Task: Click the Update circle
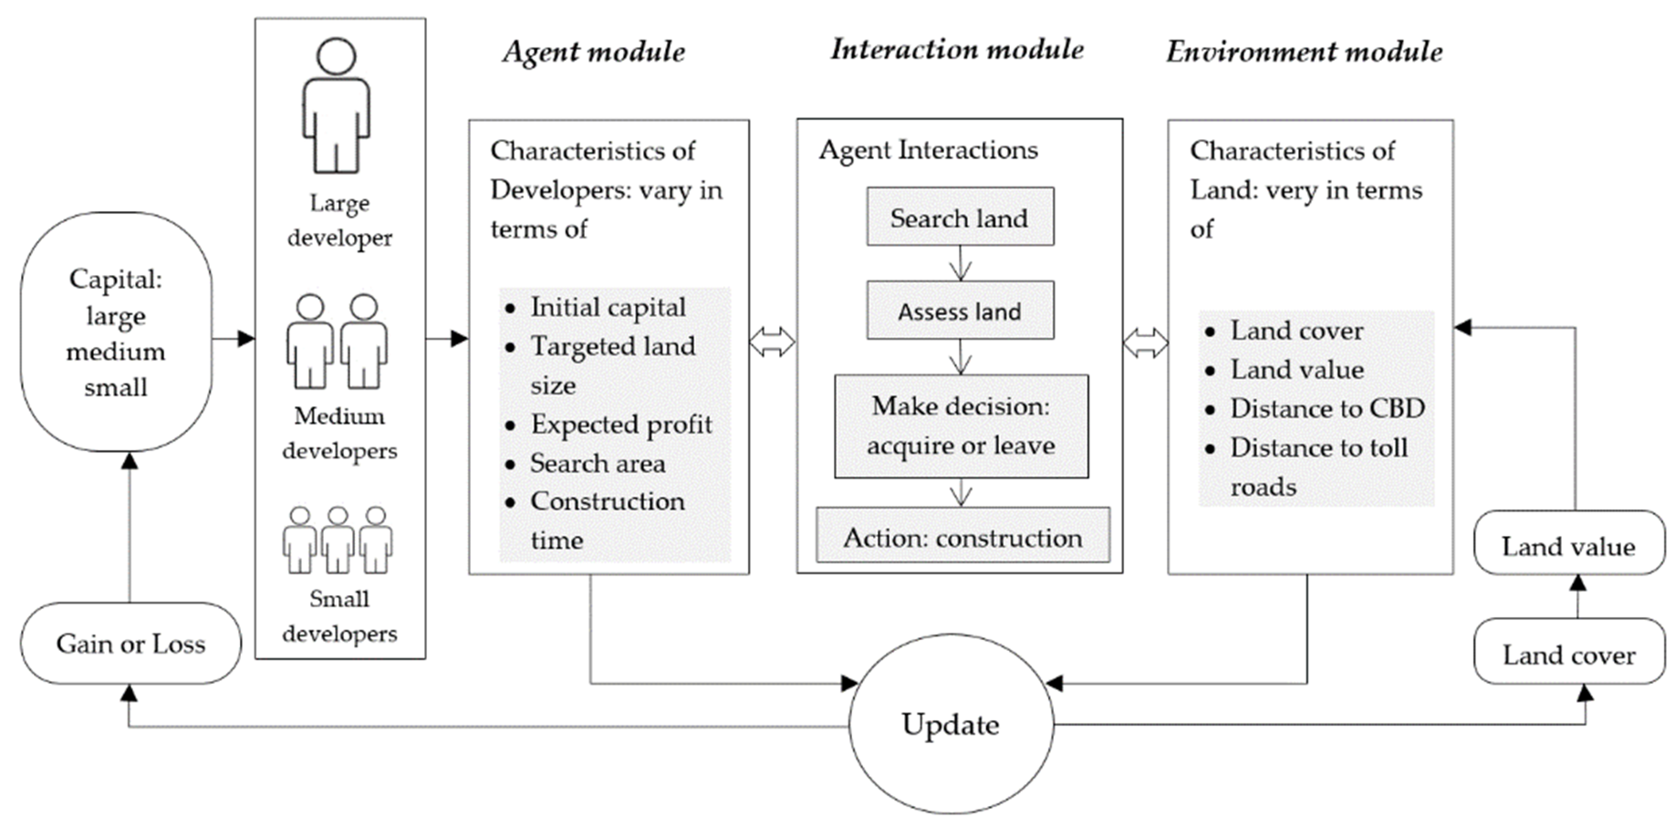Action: (x=951, y=724)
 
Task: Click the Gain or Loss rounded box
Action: (x=130, y=644)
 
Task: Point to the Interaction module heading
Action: (x=957, y=50)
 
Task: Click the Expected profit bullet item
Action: (x=621, y=425)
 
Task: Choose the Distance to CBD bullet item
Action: (x=1327, y=409)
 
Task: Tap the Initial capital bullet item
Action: (x=608, y=307)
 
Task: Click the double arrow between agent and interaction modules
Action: (x=772, y=342)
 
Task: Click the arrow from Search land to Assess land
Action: (x=960, y=264)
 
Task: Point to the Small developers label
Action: (x=339, y=616)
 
